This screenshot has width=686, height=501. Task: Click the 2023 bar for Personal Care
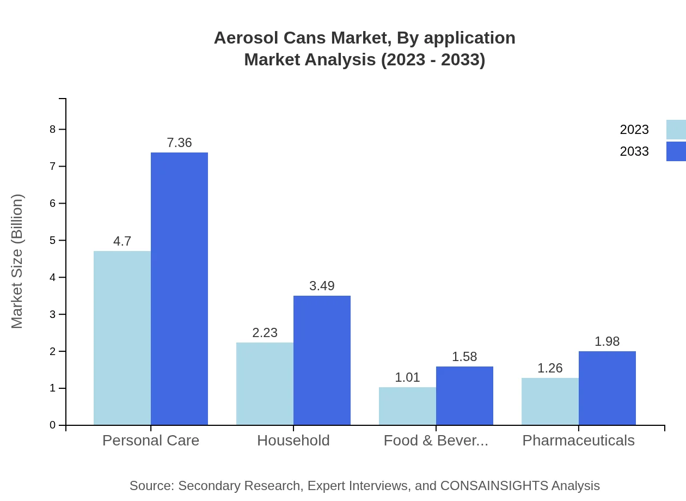tap(122, 338)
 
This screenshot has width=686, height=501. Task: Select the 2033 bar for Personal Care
tap(179, 289)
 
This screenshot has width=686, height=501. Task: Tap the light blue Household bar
tap(265, 383)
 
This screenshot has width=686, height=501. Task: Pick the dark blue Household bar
tap(322, 360)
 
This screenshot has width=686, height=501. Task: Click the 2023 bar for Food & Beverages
tap(407, 406)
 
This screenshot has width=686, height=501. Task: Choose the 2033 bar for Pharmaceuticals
tap(607, 388)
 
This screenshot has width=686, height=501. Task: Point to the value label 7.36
tap(179, 143)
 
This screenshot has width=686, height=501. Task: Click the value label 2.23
tap(265, 333)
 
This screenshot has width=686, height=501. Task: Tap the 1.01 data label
tap(407, 377)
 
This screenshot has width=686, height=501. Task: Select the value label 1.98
tap(607, 341)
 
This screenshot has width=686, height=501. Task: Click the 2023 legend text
tap(634, 130)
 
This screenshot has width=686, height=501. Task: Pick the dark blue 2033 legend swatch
tap(676, 151)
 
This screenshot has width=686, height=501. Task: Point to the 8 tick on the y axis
tap(53, 129)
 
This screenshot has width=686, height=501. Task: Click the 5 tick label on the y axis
tap(53, 240)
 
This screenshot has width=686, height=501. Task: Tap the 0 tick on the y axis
tap(53, 425)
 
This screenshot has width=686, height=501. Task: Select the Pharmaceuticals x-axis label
tap(578, 441)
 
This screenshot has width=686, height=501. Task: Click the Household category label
tap(293, 441)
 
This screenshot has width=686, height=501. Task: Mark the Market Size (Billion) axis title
tap(17, 261)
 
